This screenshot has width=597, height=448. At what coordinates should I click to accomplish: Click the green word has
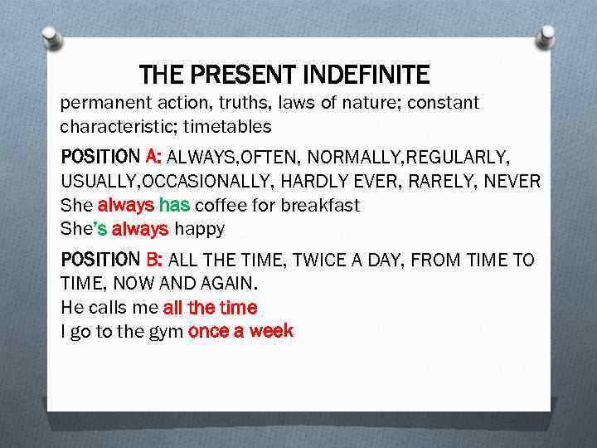[174, 205]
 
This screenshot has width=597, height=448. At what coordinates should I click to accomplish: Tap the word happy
[199, 228]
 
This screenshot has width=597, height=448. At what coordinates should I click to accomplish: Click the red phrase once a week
[240, 331]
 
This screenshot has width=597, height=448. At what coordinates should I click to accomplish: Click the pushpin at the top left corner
[52, 37]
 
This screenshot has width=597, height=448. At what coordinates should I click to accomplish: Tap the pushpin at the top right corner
[546, 35]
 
